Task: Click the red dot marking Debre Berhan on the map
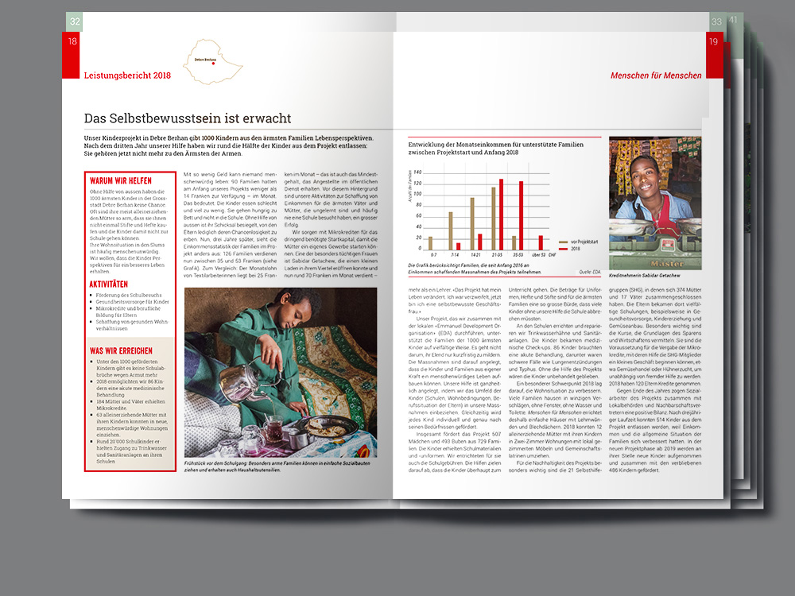pos(213,64)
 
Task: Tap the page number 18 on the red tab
pos(73,42)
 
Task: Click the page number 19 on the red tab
pos(713,42)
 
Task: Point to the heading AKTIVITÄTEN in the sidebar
pos(109,284)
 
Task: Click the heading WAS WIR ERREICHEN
pos(122,350)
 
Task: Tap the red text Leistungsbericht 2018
pos(127,75)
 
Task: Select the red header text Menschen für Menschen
pos(656,75)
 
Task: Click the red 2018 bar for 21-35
pos(501,215)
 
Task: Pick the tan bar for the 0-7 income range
pos(431,243)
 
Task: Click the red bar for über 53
pos(541,242)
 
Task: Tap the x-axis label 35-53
pos(518,255)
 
